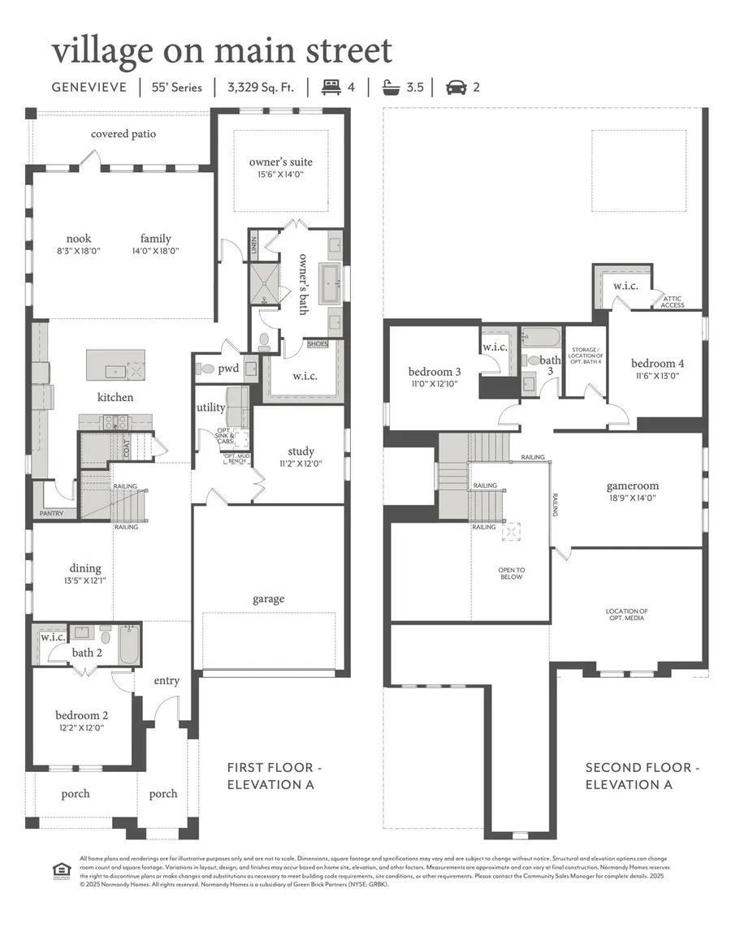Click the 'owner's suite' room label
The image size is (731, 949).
(x=280, y=162)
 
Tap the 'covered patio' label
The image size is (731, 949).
(x=123, y=134)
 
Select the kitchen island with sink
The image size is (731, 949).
(x=115, y=365)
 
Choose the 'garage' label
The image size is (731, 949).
(x=268, y=599)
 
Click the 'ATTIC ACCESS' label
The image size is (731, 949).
(x=673, y=301)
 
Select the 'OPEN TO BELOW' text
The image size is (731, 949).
(x=512, y=573)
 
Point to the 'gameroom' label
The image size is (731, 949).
(x=632, y=486)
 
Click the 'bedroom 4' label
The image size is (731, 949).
(x=659, y=363)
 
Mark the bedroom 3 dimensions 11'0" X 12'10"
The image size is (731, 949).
(x=434, y=384)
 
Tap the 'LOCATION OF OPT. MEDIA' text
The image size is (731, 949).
(x=626, y=615)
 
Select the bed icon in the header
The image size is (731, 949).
(x=331, y=87)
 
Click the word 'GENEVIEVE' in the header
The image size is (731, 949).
(x=89, y=87)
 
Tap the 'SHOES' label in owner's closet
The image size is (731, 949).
(x=318, y=344)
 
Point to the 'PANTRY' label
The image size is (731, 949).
(x=51, y=514)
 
